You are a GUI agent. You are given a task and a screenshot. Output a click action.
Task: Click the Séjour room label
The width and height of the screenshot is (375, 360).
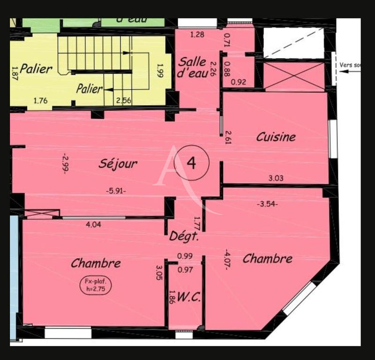click(118, 164)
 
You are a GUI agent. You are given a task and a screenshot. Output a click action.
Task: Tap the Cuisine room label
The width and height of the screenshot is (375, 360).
click(276, 137)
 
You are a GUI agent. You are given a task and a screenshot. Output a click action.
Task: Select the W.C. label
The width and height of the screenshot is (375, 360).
click(190, 297)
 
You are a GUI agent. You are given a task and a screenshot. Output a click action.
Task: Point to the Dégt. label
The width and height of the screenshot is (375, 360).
click(184, 237)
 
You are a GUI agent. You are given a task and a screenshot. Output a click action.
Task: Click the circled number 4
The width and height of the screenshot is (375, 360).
click(191, 163)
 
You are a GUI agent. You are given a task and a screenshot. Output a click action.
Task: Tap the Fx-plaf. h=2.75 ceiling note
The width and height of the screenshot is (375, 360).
click(97, 285)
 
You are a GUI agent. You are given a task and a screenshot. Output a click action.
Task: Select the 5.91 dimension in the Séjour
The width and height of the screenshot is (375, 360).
click(116, 191)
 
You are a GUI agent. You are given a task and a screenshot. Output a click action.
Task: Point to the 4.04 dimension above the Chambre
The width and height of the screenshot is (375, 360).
click(94, 225)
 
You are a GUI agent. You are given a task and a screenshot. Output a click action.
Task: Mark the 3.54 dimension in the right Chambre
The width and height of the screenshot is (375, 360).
click(267, 204)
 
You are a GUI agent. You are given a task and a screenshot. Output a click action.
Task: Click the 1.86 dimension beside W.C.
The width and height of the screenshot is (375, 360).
click(172, 299)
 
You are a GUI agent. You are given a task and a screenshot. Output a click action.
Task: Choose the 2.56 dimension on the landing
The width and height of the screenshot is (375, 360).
click(124, 100)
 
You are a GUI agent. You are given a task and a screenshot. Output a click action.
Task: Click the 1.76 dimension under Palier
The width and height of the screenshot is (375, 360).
click(41, 100)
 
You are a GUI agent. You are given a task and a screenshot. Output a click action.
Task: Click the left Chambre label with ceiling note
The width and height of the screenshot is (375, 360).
click(96, 263)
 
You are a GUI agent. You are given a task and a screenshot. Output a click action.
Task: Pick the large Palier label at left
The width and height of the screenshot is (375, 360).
click(36, 69)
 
